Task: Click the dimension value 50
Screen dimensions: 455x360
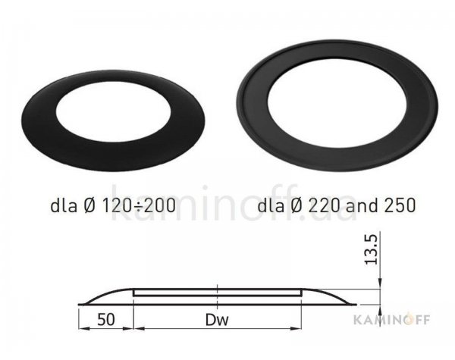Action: tap(106, 320)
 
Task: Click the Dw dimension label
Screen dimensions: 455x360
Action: tap(217, 320)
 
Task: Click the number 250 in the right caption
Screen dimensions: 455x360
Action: tap(401, 205)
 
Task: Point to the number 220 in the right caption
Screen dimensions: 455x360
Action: tap(324, 205)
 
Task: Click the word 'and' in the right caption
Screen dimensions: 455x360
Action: tap(362, 205)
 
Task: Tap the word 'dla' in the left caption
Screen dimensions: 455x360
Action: tap(64, 205)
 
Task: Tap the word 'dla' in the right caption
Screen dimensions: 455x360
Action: tap(271, 205)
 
